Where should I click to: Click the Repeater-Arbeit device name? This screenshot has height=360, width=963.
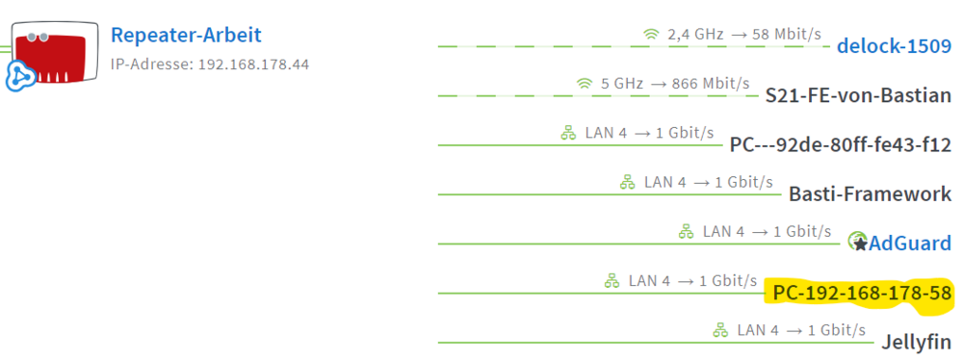click(186, 35)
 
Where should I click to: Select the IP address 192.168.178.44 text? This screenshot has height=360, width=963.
click(253, 64)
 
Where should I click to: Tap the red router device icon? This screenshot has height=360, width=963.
click(55, 52)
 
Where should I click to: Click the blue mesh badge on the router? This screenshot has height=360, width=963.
click(22, 76)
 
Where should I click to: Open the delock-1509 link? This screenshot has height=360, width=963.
click(895, 46)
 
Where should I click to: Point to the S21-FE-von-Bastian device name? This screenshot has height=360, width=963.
click(859, 96)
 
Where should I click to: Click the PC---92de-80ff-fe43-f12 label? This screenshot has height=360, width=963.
click(841, 145)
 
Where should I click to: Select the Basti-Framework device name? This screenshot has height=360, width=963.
click(871, 194)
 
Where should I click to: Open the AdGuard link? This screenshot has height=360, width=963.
click(910, 244)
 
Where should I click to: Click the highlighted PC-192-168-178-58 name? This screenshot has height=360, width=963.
click(862, 294)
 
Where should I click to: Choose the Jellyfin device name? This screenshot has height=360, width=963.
click(917, 343)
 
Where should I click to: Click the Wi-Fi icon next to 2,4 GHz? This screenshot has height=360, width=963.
click(651, 35)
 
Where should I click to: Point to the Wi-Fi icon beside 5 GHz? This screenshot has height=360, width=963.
click(585, 84)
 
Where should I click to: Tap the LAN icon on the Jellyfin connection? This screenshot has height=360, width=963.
click(720, 330)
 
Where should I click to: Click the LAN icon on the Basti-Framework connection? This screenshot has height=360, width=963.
click(627, 182)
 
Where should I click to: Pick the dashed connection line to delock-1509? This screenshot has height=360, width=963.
click(634, 47)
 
